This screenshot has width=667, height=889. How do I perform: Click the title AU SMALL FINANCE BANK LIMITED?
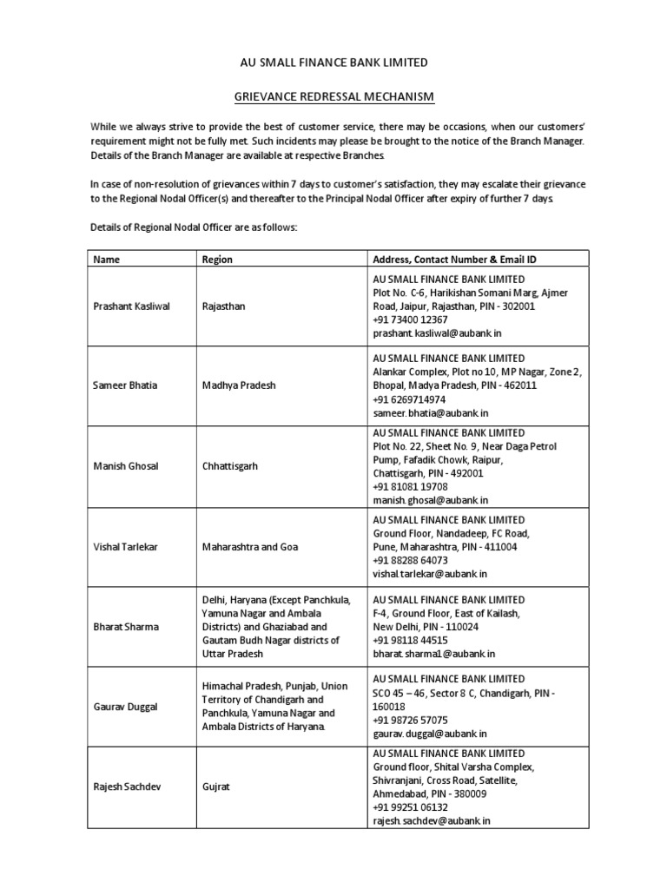333,63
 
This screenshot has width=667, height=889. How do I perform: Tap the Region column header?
217,259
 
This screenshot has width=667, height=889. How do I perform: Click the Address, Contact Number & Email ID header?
455,259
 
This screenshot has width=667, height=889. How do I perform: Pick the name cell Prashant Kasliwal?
131,306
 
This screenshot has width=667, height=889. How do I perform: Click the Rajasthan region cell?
224,306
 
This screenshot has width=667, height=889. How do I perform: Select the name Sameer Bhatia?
125,385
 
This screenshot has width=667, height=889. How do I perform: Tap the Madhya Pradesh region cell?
239,385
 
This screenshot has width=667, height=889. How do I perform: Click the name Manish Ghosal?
126,466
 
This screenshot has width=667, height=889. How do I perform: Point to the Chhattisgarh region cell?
229,466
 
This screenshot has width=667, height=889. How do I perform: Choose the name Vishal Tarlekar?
125,547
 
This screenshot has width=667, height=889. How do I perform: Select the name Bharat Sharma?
126,627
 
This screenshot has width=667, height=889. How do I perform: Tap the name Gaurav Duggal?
125,707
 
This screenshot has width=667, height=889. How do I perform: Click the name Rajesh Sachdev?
127,787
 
